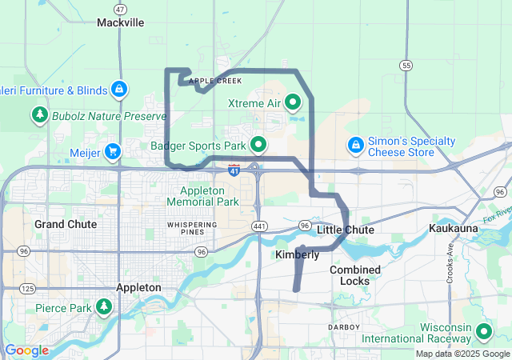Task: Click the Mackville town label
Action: coord(120,22)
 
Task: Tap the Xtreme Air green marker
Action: coord(293,102)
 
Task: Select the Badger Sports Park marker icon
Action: coord(258,145)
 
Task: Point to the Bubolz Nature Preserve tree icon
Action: coord(39,116)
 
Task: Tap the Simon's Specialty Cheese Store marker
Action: coord(355,145)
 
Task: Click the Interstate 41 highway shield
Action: coord(234,170)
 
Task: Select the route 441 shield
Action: coord(261,226)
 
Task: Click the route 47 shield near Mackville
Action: coord(120,9)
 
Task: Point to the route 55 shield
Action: coord(406,66)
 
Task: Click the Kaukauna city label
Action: coord(453,229)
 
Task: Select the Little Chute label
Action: coord(346,230)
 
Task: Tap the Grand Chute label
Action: coord(66,224)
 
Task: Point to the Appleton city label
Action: coord(138,286)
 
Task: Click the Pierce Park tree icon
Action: coord(103,307)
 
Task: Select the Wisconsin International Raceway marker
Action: coord(483,331)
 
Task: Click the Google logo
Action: coord(26,350)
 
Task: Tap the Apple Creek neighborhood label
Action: coord(214,81)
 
